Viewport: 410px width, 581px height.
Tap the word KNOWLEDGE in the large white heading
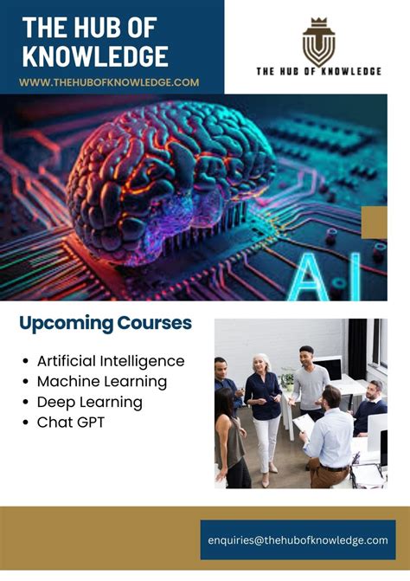[x=95, y=56]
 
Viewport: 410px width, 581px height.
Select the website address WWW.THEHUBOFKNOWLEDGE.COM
[x=109, y=82]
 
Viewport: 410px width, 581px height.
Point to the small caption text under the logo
[x=317, y=71]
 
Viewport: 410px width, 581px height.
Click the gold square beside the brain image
[x=374, y=222]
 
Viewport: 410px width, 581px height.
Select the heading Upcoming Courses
[x=106, y=324]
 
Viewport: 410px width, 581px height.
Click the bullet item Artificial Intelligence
[x=111, y=360]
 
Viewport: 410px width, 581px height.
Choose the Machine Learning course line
[x=102, y=381]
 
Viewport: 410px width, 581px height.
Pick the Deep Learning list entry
[x=89, y=402]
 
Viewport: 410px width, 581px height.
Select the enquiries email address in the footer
[x=298, y=539]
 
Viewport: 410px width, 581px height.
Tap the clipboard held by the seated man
[x=304, y=423]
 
